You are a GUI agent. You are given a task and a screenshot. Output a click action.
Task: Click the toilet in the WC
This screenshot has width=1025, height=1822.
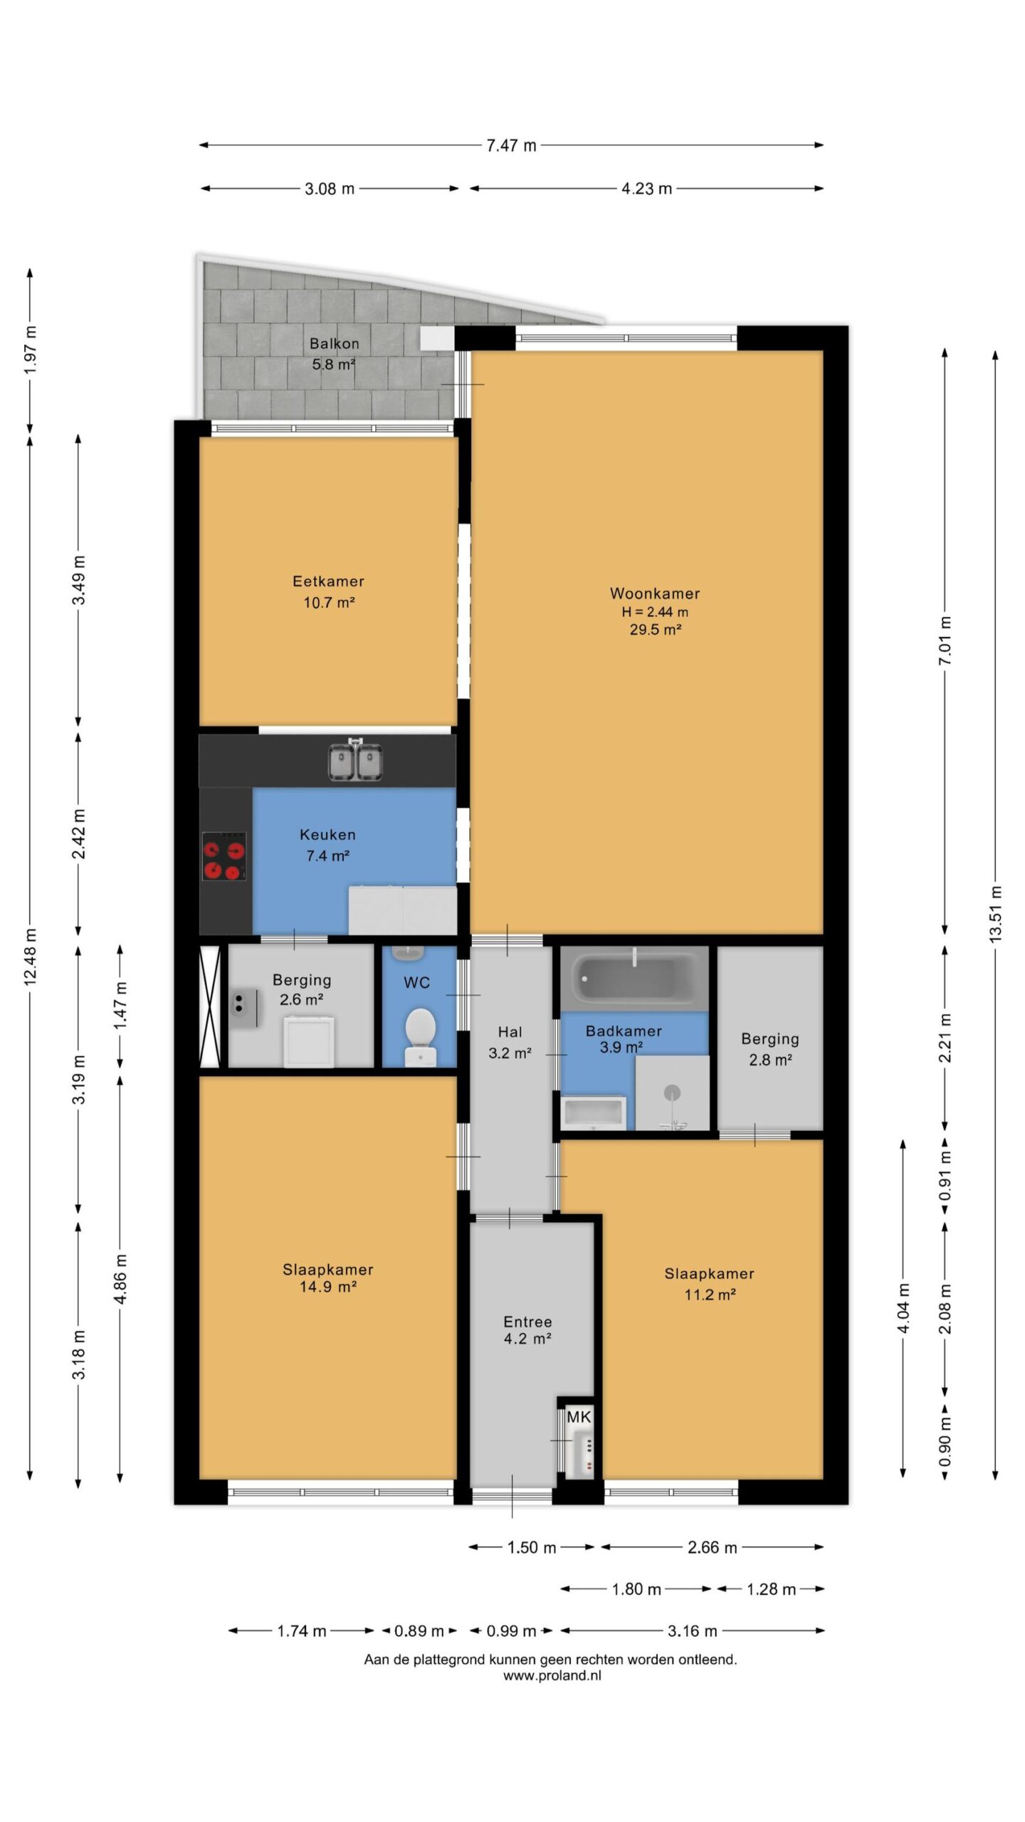pos(420,1036)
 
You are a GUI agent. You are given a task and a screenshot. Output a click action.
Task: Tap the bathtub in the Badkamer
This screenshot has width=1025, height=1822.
pos(634,979)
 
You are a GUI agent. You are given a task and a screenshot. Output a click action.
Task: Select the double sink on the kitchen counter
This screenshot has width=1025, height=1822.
pos(355,760)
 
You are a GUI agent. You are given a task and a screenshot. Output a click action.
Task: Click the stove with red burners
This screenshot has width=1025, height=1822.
pos(224,856)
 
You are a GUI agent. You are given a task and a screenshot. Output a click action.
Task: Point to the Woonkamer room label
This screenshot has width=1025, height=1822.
pos(655,594)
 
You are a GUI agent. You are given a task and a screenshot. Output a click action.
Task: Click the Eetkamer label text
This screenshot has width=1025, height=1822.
pos(328,581)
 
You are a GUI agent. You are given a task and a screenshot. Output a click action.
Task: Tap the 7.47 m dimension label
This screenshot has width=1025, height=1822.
pos(511,146)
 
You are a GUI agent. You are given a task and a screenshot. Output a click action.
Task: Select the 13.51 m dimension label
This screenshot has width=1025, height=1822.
pos(995,915)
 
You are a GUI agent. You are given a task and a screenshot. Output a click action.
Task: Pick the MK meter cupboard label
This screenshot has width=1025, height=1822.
pos(579,1417)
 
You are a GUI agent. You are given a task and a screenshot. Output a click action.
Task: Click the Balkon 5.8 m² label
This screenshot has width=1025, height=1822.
pos(334,354)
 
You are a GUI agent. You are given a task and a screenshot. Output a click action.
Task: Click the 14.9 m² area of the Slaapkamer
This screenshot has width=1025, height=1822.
pos(328,1287)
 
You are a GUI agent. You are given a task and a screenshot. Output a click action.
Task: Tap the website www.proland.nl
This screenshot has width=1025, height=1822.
pos(552,1675)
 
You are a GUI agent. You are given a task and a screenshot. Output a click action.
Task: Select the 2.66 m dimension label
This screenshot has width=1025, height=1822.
pos(712,1547)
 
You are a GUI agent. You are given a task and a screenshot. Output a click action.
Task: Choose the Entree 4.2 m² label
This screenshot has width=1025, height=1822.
pos(527,1330)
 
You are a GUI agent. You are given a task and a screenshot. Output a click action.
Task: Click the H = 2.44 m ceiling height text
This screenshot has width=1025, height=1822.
pos(655,612)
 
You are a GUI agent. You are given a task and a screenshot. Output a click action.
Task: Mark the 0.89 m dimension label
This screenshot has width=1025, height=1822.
pos(419,1631)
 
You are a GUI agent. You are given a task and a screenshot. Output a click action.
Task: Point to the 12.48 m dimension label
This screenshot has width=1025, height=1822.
pos(31,957)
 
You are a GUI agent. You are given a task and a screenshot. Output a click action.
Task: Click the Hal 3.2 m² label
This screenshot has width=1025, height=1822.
pos(510,1043)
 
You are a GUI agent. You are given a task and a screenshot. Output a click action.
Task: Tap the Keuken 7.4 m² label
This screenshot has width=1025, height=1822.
pos(327,845)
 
